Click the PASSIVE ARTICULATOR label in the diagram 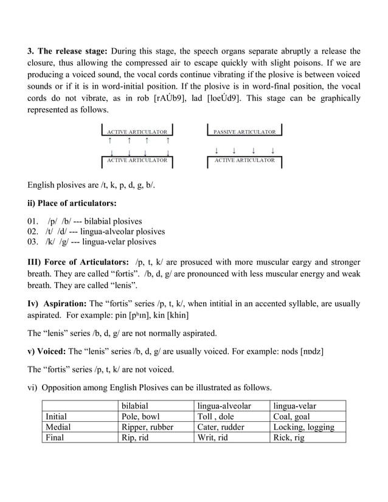tap(244, 131)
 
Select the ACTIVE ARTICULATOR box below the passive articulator tap(244, 160)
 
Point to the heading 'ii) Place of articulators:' tap(72, 202)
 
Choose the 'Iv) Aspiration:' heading tap(57, 303)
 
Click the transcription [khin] tap(175, 314)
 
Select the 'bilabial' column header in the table tap(136, 405)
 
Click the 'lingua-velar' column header tap(295, 405)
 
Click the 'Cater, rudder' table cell tap(221, 427)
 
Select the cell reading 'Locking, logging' tap(303, 427)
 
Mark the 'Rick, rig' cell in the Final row tap(289, 437)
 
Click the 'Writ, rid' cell tap(213, 437)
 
